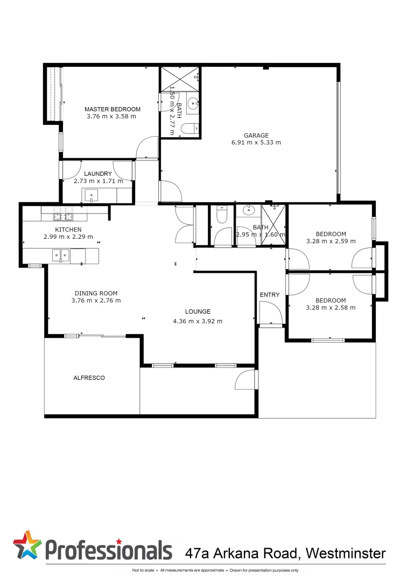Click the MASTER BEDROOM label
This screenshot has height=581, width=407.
point(112,109)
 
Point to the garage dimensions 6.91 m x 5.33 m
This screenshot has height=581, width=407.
point(256,143)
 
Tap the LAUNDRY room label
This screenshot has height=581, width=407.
point(98,174)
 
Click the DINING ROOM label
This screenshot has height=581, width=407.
point(96,293)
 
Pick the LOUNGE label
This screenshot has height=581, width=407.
point(198,311)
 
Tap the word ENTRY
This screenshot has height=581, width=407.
point(269,295)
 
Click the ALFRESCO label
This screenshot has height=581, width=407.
point(89,378)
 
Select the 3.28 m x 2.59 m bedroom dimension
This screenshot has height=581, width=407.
point(331,241)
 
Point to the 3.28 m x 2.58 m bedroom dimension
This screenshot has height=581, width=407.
point(331,308)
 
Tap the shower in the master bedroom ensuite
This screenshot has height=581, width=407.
point(180,79)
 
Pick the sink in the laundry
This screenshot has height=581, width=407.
point(90,195)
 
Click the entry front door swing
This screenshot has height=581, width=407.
point(270,314)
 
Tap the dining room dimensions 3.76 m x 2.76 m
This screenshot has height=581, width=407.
point(96,301)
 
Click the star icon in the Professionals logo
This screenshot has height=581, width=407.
point(27,545)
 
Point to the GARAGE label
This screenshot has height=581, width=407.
point(256,136)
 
